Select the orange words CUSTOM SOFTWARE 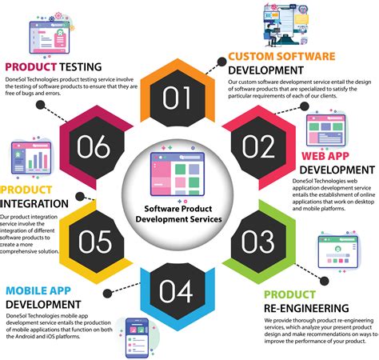281,56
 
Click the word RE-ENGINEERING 306,308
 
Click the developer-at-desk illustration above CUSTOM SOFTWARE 299,26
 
